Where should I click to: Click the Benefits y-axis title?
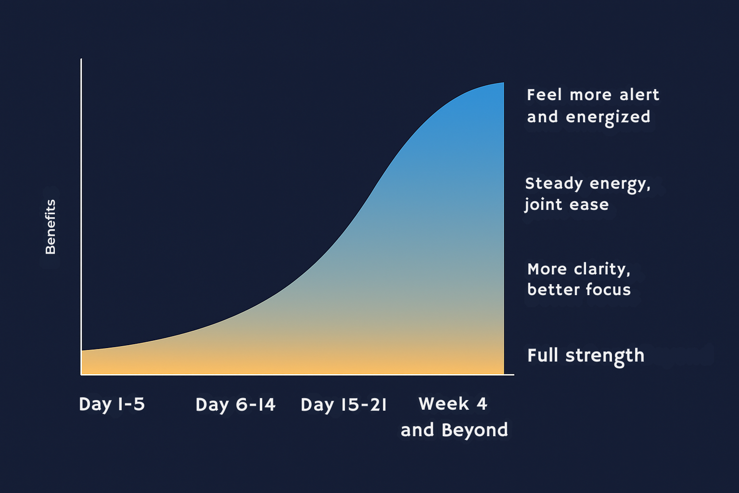(51, 227)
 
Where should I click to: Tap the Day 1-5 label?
(112, 404)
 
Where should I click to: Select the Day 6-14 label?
(235, 405)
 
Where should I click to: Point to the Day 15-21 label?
(344, 405)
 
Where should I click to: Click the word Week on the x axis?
(444, 403)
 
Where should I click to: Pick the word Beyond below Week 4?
(475, 430)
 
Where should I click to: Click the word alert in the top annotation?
(639, 95)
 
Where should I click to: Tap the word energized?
(608, 117)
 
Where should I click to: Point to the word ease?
(589, 205)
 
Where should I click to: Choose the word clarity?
(602, 270)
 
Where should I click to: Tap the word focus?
(608, 290)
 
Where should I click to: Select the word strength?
(605, 356)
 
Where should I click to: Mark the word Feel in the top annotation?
(544, 95)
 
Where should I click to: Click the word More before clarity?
(547, 270)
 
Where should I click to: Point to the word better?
(553, 290)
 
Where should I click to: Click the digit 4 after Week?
(482, 403)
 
